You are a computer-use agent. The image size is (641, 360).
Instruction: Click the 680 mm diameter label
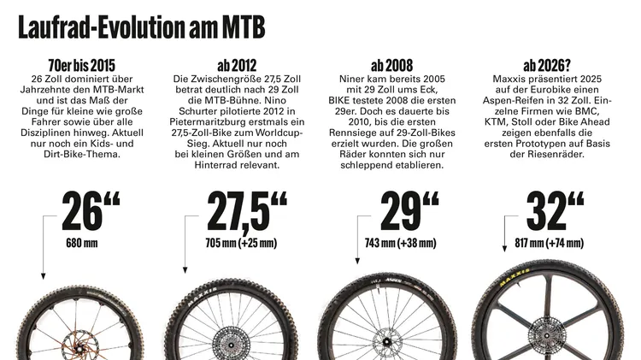82,244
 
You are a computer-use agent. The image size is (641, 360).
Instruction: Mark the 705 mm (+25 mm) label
242,244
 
